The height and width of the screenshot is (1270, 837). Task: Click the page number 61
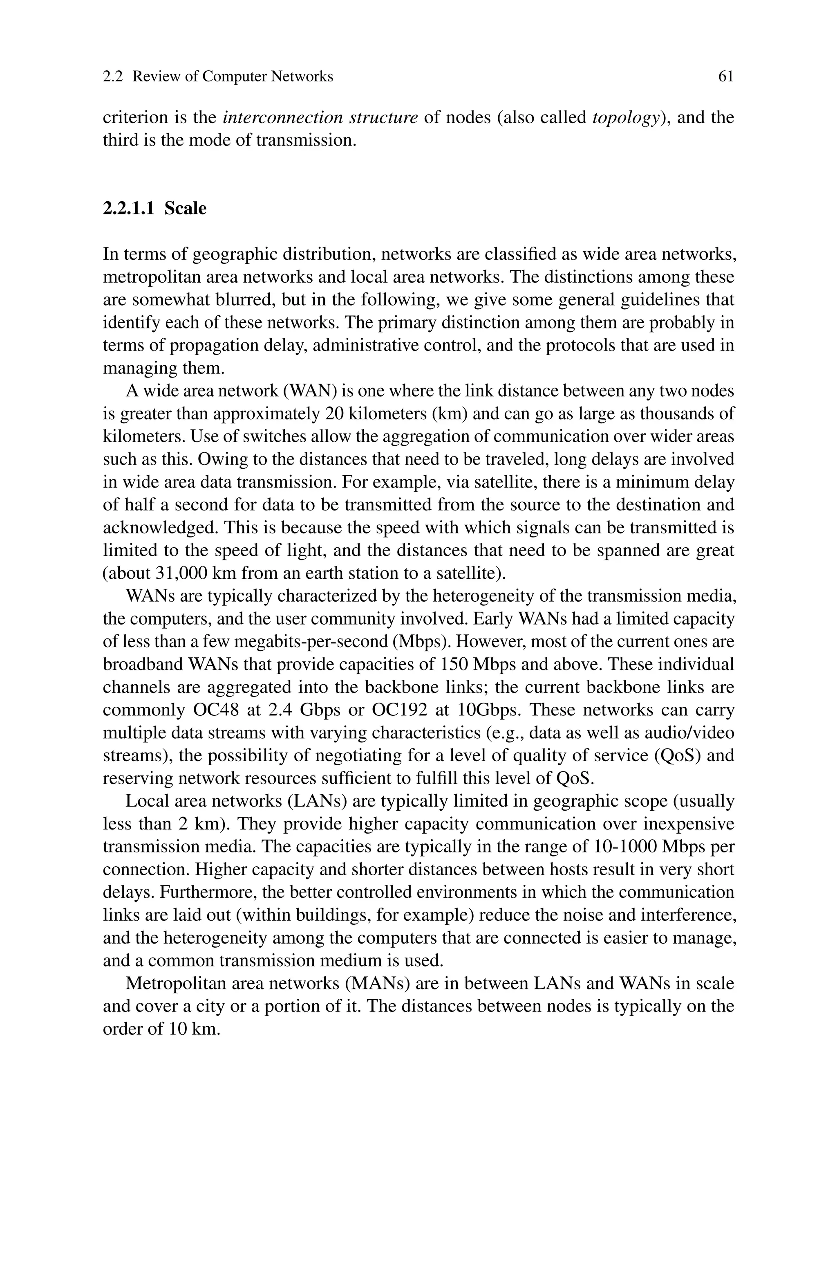click(725, 77)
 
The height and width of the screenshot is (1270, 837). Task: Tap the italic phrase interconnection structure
click(320, 117)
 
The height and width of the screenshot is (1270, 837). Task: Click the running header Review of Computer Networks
click(232, 77)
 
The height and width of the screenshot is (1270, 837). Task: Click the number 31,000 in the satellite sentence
click(183, 573)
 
